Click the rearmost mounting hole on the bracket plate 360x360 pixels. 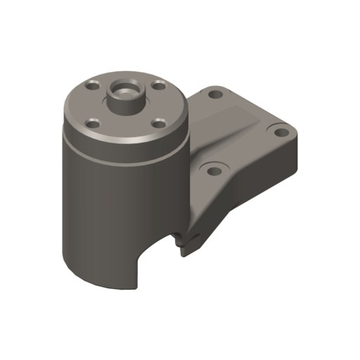(216, 94)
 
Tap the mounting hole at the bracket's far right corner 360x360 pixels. (280, 131)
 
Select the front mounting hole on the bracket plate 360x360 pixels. (213, 169)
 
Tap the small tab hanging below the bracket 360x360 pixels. (186, 247)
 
